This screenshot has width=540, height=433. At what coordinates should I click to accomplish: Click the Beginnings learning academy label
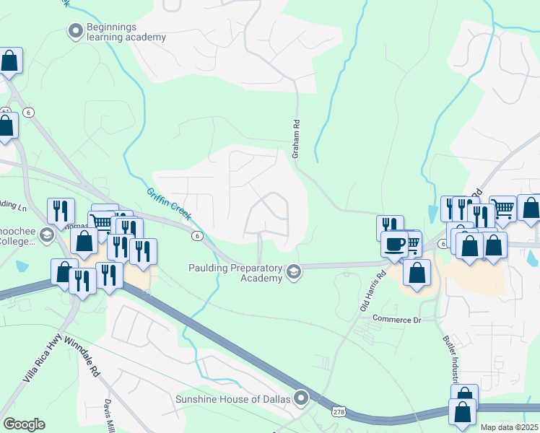[x=126, y=32]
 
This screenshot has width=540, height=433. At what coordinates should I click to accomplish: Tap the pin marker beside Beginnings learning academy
[x=75, y=31]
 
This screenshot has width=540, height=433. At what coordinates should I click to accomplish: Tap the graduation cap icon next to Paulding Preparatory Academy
[x=293, y=273]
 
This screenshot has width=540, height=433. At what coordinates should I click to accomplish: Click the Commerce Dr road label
[x=396, y=318]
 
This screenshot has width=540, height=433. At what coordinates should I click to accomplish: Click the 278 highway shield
[x=339, y=411]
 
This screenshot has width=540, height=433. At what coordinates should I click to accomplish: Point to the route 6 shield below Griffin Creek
[x=196, y=236]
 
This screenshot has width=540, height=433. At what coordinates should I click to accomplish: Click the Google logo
[x=24, y=424]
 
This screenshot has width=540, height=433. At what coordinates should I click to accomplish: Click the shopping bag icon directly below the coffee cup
[x=417, y=274]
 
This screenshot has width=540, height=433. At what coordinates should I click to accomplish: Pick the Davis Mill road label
[x=109, y=415]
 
